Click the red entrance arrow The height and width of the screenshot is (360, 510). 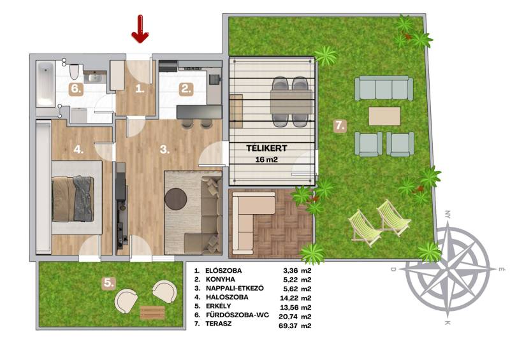click(x=140, y=29)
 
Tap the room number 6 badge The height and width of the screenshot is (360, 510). click(x=76, y=89)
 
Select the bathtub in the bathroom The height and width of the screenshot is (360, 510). click(x=45, y=83)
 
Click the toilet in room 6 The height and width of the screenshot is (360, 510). click(x=75, y=71)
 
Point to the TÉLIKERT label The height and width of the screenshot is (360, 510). click(x=266, y=148)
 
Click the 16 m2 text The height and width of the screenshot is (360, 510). click(x=266, y=160)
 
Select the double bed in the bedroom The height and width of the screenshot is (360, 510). click(x=73, y=198)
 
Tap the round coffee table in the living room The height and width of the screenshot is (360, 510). click(x=176, y=199)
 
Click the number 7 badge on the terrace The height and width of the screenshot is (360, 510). click(x=340, y=126)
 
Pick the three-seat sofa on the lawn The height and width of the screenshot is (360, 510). click(x=384, y=88)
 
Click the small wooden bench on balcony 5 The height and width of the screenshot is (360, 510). click(x=152, y=312)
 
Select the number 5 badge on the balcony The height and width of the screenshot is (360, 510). click(x=108, y=283)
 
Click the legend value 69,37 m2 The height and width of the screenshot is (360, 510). click(x=295, y=326)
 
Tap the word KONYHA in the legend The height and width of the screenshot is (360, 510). click(x=220, y=279)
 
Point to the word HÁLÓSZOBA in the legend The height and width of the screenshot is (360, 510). click(x=227, y=297)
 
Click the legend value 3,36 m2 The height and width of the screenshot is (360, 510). click(x=297, y=271)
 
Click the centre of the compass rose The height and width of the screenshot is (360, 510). click(x=448, y=270)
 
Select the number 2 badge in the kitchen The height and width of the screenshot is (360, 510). click(x=186, y=89)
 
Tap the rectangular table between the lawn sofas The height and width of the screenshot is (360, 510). click(x=384, y=116)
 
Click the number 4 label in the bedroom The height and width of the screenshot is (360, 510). click(x=78, y=150)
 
